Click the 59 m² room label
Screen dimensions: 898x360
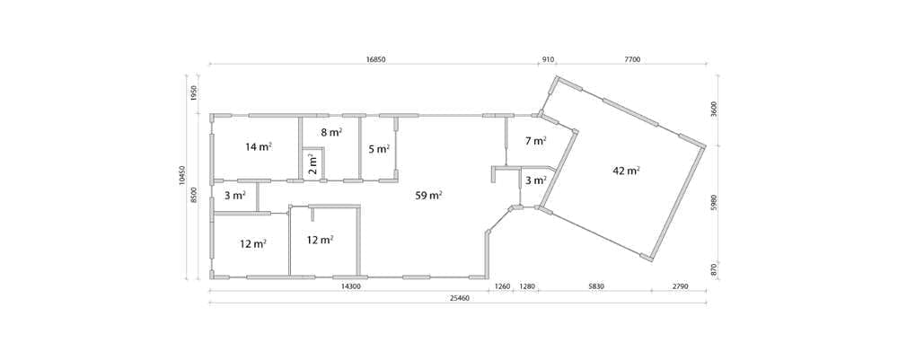click(428, 196)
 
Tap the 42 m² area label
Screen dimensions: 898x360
click(626, 171)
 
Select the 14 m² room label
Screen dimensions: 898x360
click(259, 146)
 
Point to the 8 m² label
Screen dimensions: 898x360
click(331, 132)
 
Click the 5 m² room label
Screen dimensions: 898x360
click(379, 149)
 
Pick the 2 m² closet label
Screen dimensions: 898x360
click(313, 164)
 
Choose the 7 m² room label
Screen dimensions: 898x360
click(535, 140)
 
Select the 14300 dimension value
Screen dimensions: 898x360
click(350, 286)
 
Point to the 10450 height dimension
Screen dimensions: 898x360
click(182, 176)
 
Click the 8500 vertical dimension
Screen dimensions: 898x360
click(194, 195)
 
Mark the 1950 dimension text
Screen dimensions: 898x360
click(194, 92)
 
